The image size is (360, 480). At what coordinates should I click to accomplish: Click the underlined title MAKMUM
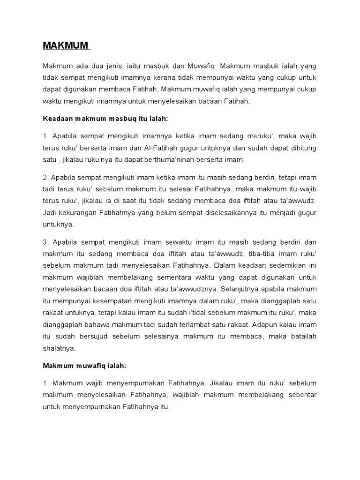tap(66, 45)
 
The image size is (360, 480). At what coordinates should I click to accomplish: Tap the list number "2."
tap(46, 178)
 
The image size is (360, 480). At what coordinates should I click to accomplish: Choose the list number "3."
tap(46, 242)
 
